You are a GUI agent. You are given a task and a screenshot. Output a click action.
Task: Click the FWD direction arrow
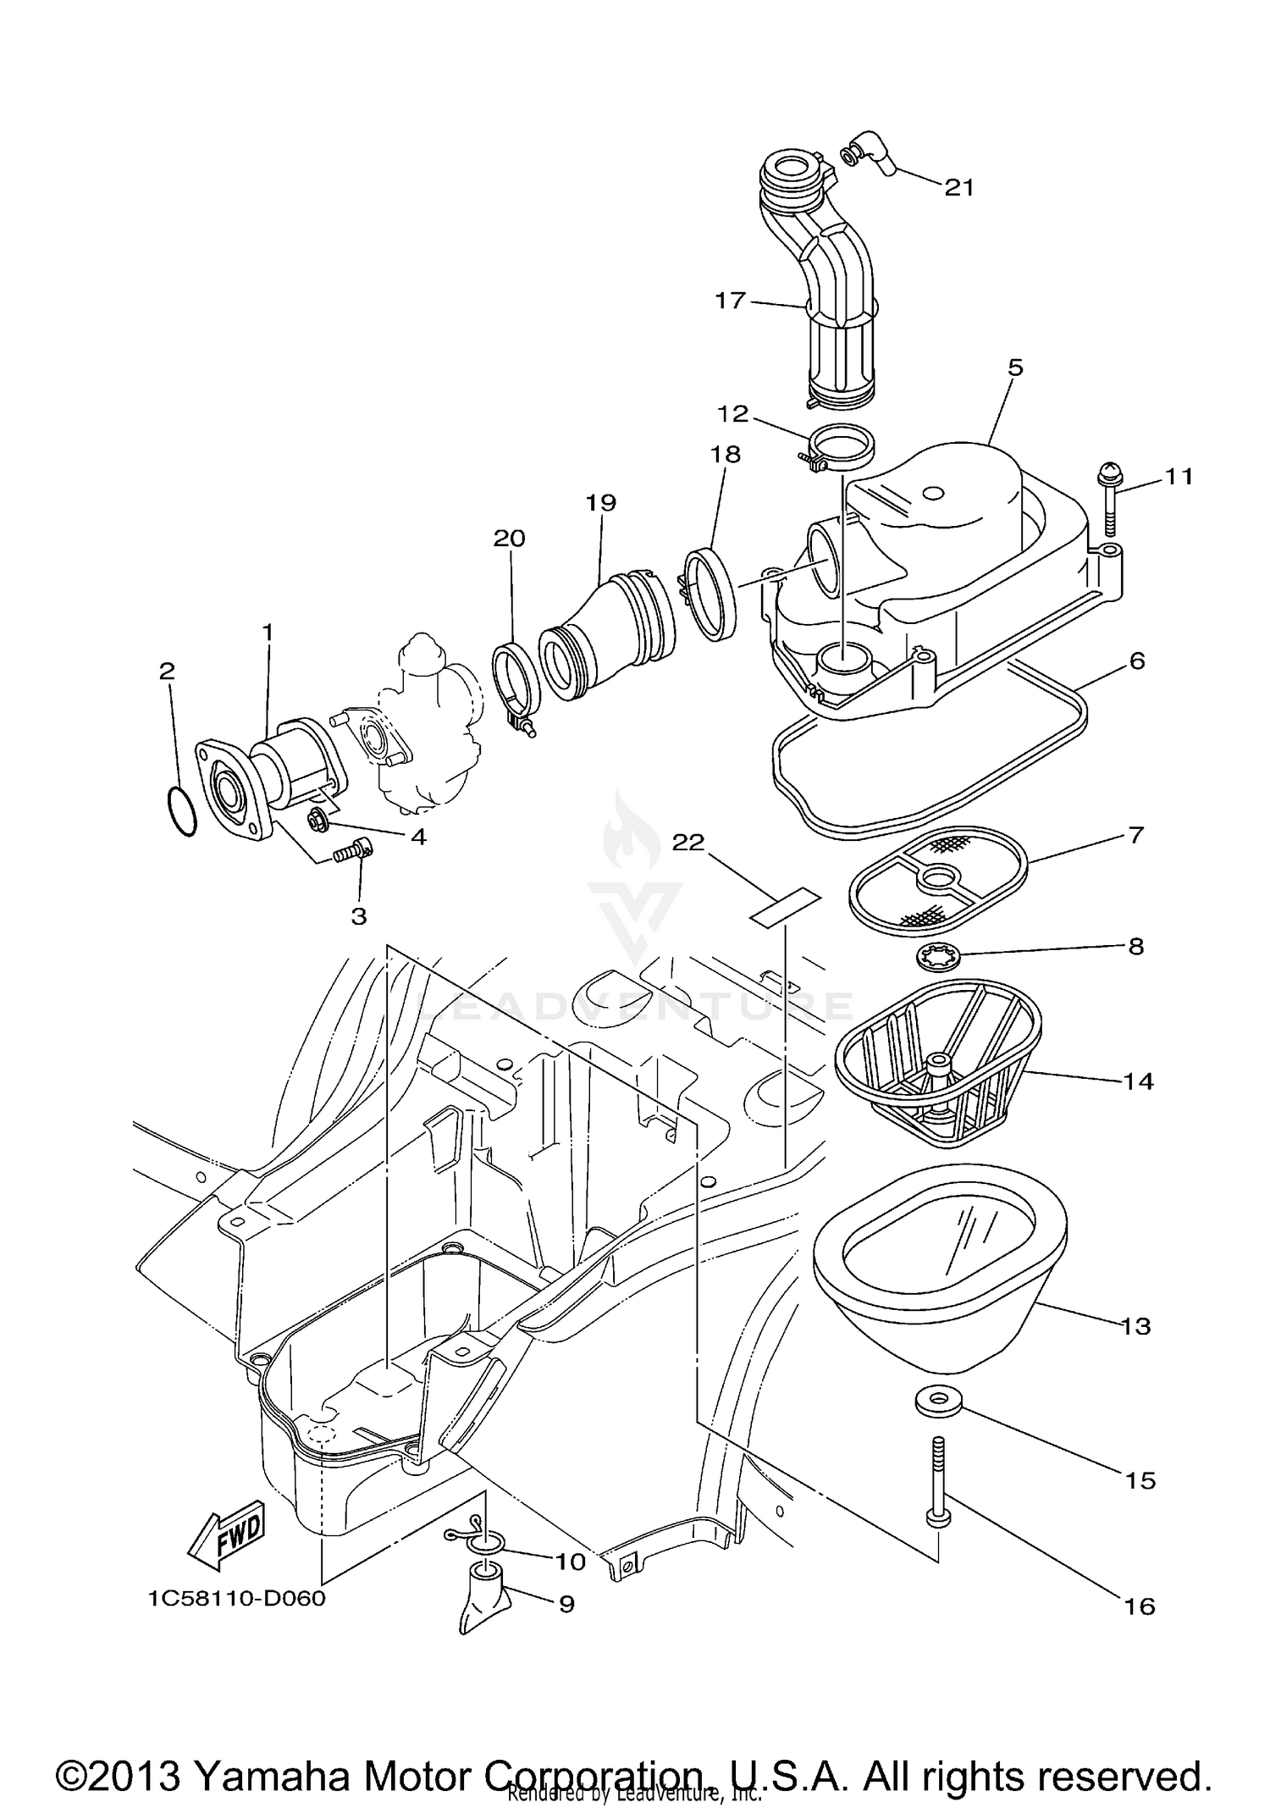coord(227,1535)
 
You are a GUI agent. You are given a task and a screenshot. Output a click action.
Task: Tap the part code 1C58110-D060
coord(237,1599)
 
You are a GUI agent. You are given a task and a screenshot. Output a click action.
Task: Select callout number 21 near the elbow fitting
coord(959,187)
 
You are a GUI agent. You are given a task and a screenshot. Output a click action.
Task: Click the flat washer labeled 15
coord(937,1400)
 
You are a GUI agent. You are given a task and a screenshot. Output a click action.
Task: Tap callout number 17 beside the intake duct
coord(730,301)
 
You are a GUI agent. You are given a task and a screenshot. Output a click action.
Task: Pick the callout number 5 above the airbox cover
coord(1015,368)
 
